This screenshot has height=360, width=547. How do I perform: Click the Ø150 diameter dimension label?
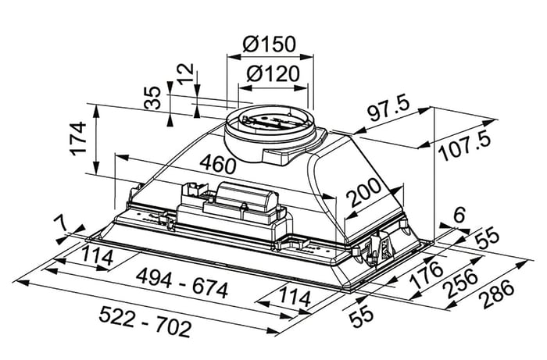[x=270, y=44]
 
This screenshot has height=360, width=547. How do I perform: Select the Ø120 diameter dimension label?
[x=273, y=73]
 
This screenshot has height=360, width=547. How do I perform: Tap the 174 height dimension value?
[x=78, y=138]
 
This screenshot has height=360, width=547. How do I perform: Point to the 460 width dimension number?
[x=217, y=165]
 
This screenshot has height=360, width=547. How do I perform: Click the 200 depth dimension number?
[x=365, y=192]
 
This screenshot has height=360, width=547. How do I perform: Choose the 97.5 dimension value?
[x=388, y=109]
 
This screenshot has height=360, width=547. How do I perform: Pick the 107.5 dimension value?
[x=465, y=146]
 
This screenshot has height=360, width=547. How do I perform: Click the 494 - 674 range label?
[x=182, y=283]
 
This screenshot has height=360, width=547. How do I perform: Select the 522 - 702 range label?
[x=145, y=321]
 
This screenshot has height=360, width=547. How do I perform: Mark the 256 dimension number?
[x=460, y=283]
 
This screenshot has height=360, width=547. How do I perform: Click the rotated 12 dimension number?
[x=186, y=73]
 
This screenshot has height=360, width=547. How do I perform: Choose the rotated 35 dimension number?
[x=153, y=98]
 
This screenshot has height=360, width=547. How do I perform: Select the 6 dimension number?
[x=459, y=215]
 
